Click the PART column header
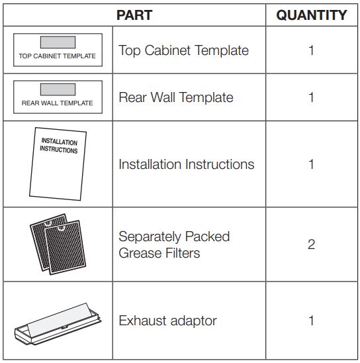tap(134, 15)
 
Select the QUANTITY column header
tap(311, 15)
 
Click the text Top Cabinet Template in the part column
tap(183, 50)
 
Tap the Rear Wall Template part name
tap(175, 97)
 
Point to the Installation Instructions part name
tap(186, 164)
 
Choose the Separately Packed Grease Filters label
tap(173, 244)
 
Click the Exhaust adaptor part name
tap(167, 321)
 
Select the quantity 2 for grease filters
tap(311, 244)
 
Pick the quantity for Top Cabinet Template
tap(311, 50)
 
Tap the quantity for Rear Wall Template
tap(311, 97)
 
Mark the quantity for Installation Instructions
tap(311, 164)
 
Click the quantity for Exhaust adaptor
tap(311, 321)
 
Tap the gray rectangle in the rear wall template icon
tap(58, 89)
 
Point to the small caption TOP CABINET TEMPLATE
tap(58, 56)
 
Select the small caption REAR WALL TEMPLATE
tap(58, 103)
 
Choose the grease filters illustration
tap(58, 243)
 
